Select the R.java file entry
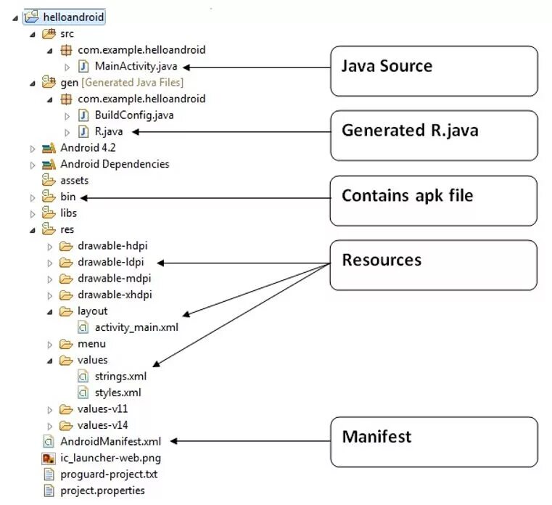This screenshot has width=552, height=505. [x=109, y=131]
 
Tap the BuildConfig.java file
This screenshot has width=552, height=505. [x=133, y=115]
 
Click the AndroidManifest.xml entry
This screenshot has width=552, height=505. [x=110, y=440]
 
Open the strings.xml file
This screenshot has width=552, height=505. [x=120, y=376]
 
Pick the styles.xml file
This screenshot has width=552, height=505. [x=118, y=392]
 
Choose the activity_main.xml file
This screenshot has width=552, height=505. [x=136, y=327]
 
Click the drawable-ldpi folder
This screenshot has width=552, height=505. [x=112, y=262]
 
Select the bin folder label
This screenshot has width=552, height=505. [x=68, y=197]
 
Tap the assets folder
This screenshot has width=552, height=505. [x=74, y=180]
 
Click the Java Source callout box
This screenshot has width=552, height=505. [x=434, y=70]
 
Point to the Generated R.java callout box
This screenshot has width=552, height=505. [x=434, y=135]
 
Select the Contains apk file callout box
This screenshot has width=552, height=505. [x=434, y=200]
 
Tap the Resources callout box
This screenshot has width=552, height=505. [x=434, y=265]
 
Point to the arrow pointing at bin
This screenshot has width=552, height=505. [x=203, y=197]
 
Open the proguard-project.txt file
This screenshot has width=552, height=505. [x=109, y=474]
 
